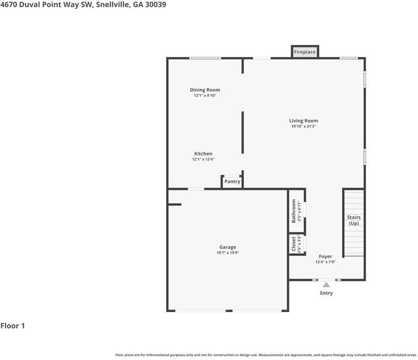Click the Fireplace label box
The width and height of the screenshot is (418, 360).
pos(305,52)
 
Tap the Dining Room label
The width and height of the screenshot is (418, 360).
pos(205,90)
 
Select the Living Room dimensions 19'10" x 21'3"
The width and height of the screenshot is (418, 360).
pos(304,127)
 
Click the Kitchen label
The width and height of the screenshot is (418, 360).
pos(203,154)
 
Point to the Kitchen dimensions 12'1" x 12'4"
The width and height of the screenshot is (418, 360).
pos(203,160)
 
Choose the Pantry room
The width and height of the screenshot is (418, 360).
pos(232,182)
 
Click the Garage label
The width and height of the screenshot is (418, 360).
pos(228,247)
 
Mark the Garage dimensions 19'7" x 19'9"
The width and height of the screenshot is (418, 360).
pos(228,253)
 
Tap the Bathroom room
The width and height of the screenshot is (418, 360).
pos(296,211)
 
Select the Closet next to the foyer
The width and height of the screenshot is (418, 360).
pos(296,244)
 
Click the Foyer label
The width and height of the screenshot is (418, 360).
pos(326,257)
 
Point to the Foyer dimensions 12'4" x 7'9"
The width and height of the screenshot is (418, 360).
pos(326,263)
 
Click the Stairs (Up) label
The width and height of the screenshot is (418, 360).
pos(354,220)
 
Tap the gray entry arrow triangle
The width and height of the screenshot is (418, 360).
pos(326,285)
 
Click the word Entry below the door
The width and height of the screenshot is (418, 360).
pos(326,293)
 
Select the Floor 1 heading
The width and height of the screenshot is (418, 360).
pos(13,326)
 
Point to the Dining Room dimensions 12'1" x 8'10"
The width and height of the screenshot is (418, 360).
pos(205,96)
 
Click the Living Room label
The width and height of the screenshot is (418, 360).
pos(304,121)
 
